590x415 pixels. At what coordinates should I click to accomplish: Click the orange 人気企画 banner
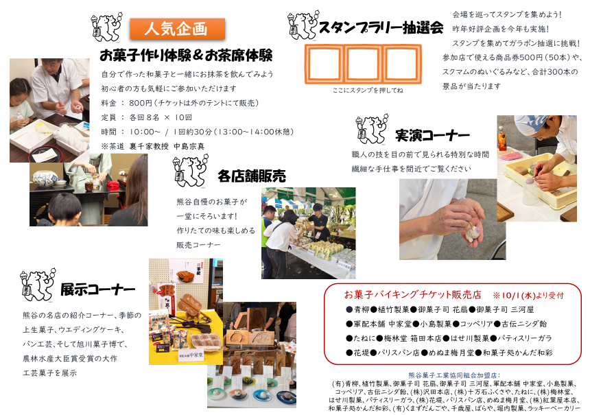tap(177, 29)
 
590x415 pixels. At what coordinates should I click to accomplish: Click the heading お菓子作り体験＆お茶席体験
tap(186, 56)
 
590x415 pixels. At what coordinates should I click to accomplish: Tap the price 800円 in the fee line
tap(141, 103)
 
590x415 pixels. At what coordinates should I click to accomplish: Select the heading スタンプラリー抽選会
tap(381, 27)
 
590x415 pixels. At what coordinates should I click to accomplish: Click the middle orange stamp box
tap(363, 64)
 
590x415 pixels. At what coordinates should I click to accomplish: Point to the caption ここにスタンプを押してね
tap(368, 91)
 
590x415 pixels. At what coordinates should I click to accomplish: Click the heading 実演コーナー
tap(432, 135)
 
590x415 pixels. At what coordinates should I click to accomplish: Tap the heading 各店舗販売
tap(252, 176)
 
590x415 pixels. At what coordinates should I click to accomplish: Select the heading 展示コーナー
tap(97, 289)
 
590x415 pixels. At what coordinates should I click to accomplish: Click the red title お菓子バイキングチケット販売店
tap(413, 294)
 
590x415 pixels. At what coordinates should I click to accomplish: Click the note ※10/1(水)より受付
tap(528, 296)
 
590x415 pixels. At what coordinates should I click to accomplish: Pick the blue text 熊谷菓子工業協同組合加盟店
tap(453, 375)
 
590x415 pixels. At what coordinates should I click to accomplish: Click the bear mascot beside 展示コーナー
tap(38, 285)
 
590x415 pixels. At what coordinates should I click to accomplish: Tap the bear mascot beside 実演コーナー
tap(372, 129)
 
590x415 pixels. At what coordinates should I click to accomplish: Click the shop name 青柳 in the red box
tap(362, 309)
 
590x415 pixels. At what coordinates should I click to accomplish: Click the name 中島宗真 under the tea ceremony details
tap(189, 146)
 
